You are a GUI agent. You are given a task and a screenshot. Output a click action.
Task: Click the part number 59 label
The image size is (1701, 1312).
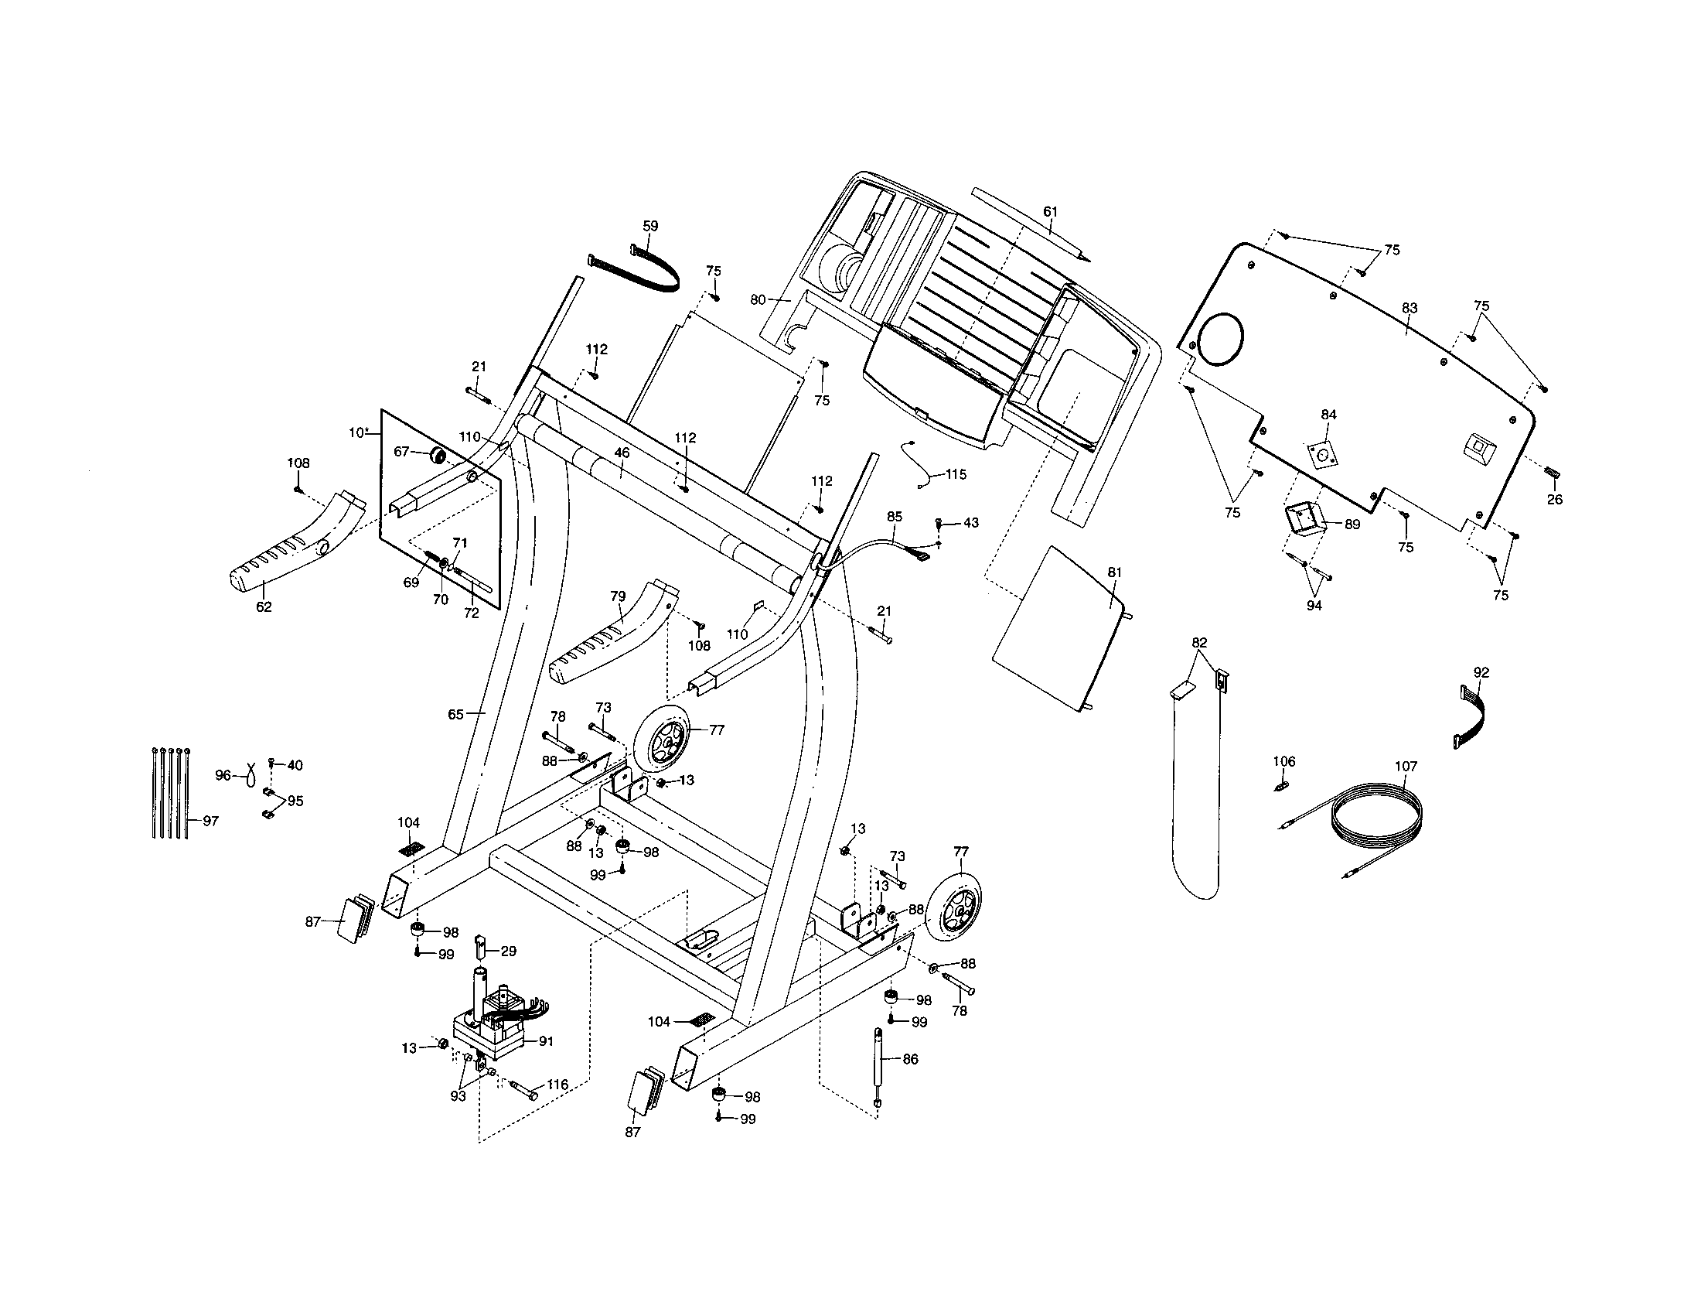tap(650, 226)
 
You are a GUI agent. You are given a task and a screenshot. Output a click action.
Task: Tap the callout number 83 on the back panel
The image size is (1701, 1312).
tap(1410, 308)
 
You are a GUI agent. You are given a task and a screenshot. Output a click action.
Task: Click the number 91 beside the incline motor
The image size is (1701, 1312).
tap(546, 1041)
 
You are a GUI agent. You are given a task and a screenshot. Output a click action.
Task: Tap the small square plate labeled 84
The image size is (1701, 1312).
tap(1321, 453)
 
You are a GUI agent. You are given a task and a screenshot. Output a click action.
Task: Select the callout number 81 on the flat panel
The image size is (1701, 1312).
tap(1114, 572)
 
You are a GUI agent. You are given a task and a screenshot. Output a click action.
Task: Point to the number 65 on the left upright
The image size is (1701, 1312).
tap(455, 714)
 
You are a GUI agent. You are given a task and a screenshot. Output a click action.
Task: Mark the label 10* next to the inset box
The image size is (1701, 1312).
tap(358, 432)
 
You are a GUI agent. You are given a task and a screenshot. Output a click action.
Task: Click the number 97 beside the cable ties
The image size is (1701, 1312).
tap(210, 821)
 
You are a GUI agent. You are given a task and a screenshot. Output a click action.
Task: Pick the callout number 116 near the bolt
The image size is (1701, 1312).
tap(557, 1085)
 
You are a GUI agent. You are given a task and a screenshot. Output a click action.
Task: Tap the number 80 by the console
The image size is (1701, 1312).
tap(758, 299)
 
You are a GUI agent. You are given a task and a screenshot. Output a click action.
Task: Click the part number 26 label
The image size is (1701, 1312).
tap(1555, 500)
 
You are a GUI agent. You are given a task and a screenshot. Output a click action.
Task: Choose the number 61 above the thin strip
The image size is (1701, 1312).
tap(1051, 211)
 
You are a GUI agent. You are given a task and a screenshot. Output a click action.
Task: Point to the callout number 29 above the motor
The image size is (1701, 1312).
tap(508, 951)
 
